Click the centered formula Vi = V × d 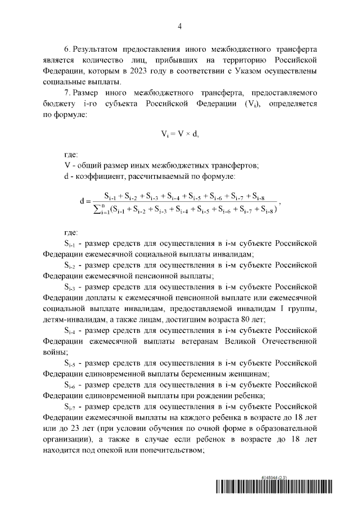click(x=180, y=135)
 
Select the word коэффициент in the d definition click(x=100, y=178)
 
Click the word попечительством click(x=164, y=451)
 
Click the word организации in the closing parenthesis click(x=67, y=439)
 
